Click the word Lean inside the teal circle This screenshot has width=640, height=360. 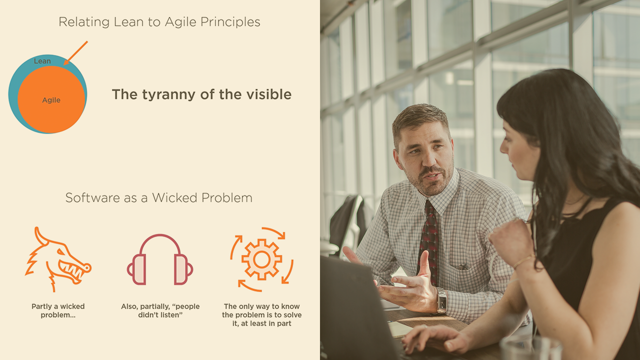[42, 61]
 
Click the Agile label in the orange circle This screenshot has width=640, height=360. [51, 100]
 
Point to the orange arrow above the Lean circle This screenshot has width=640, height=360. [75, 53]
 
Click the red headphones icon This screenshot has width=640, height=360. [160, 259]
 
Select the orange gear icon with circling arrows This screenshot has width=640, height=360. [261, 259]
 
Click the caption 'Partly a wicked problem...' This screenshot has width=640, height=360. [58, 310]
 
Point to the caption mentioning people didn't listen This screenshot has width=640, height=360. [160, 310]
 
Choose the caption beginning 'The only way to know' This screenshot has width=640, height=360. [261, 315]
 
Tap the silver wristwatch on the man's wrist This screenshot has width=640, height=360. [441, 300]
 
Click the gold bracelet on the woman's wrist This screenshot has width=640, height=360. [523, 261]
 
